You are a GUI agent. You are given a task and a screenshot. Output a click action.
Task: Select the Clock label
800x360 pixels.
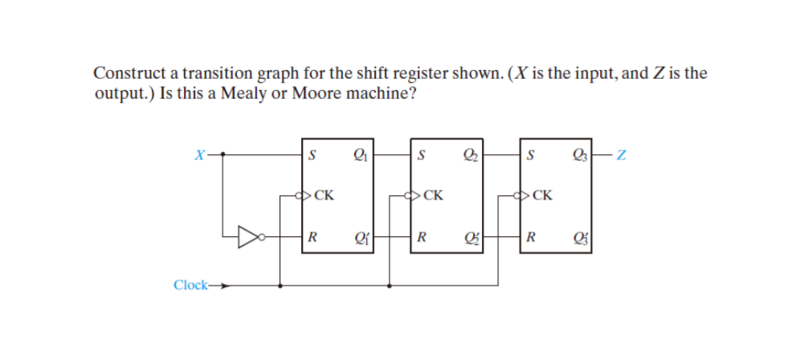[190, 284]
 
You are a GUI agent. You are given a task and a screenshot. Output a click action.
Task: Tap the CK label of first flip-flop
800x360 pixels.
[324, 194]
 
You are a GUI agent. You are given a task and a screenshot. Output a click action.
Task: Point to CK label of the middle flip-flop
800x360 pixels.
[433, 194]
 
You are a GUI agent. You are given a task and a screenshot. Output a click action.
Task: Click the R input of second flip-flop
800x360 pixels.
[422, 237]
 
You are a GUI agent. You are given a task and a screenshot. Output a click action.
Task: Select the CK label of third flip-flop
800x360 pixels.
[542, 194]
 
